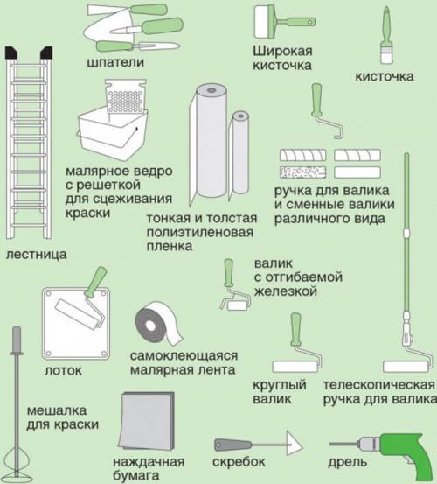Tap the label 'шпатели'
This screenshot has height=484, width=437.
[x=115, y=63]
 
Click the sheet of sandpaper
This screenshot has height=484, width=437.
[x=144, y=423]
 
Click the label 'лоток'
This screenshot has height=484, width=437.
[x=62, y=370]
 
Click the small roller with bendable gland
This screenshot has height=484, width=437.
[x=232, y=290]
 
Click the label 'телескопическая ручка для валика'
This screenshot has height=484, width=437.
[x=378, y=393]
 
